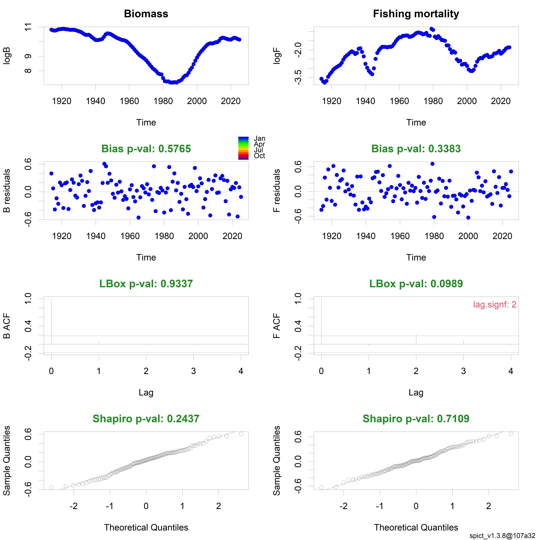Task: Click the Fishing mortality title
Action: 416,14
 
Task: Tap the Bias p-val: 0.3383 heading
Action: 416,149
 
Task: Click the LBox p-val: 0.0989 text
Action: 416,284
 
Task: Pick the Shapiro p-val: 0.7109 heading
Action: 416,419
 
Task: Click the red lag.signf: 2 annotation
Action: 494,304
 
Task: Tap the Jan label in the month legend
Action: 259,138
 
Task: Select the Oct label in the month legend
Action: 259,156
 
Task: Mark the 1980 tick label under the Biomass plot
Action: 163,101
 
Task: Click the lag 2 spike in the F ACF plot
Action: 416,339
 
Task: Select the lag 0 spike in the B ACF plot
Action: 51,321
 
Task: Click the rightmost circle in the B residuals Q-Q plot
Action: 241,434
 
